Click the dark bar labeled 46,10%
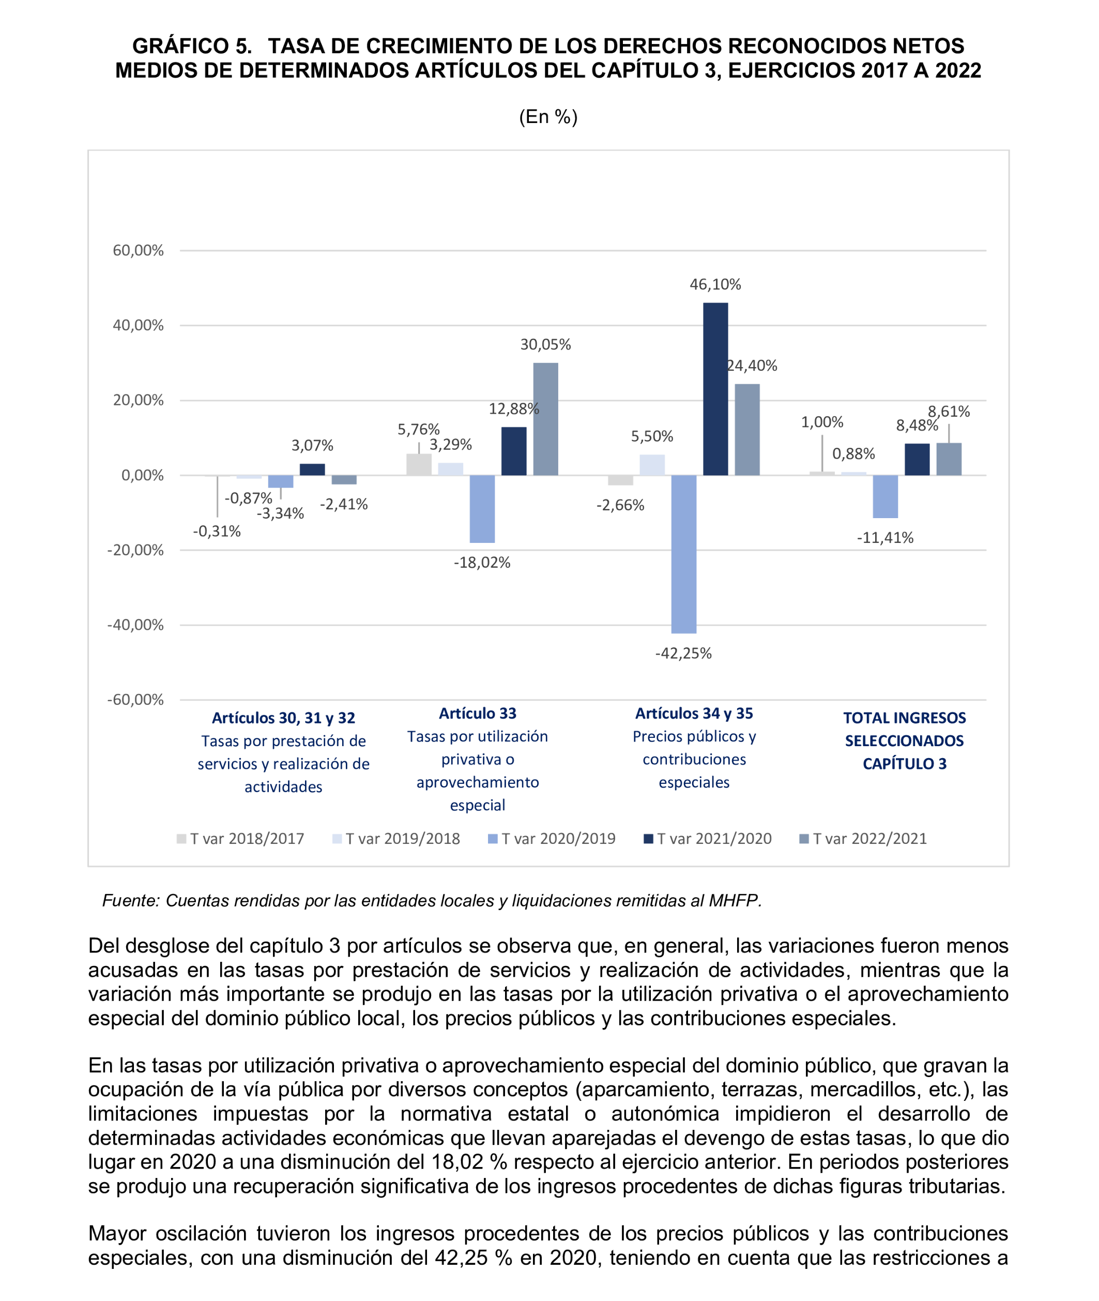(715, 389)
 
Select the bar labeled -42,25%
(683, 554)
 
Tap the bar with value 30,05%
(545, 419)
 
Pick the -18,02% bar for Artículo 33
(482, 508)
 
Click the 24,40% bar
(747, 429)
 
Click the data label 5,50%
(652, 436)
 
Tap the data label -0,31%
(216, 532)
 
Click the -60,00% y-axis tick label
(135, 699)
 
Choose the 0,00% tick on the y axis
(142, 475)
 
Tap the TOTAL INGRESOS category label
(904, 718)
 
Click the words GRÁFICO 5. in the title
(192, 46)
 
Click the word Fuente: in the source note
(131, 900)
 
